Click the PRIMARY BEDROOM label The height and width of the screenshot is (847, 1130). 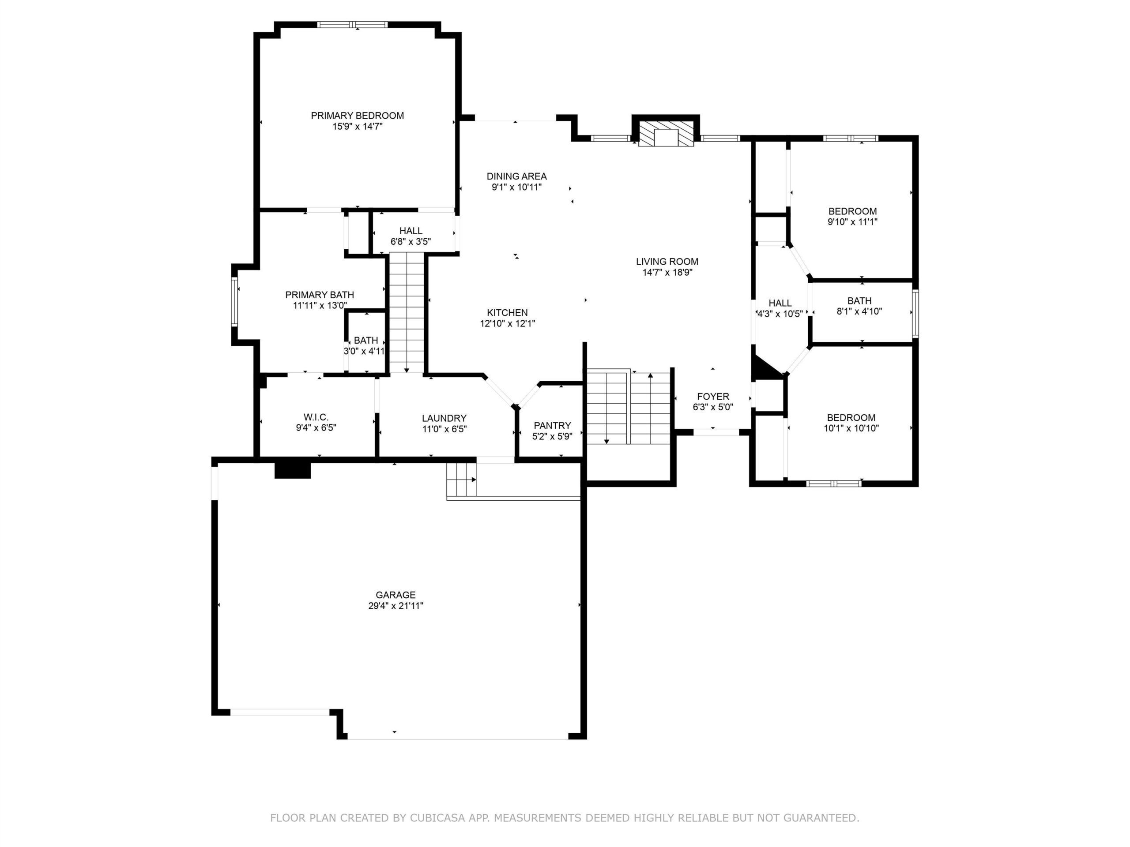(357, 116)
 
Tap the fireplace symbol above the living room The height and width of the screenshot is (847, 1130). (666, 134)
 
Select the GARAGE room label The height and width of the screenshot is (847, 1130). (395, 595)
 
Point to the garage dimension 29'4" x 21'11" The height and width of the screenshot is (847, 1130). (395, 606)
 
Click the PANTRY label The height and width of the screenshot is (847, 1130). (552, 426)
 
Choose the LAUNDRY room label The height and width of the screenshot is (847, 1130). (444, 418)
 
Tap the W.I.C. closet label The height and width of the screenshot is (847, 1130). (316, 418)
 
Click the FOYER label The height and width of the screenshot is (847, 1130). (713, 396)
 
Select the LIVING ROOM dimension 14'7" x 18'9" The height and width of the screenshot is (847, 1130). (667, 273)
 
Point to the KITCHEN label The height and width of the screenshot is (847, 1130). (507, 312)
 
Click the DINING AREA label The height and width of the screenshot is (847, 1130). (516, 176)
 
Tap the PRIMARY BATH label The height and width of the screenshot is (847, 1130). (319, 295)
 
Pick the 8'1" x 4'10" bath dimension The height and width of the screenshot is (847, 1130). (859, 311)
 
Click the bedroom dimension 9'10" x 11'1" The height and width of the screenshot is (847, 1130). (853, 222)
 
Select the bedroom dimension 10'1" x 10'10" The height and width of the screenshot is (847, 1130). (851, 428)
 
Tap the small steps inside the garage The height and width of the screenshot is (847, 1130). (461, 480)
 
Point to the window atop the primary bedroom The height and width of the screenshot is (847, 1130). (352, 24)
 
